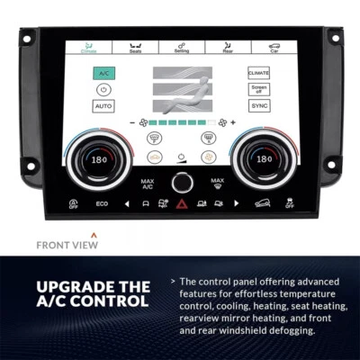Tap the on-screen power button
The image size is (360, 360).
[x=103, y=89]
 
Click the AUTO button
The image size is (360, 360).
[x=103, y=105]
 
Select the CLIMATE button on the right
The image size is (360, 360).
[x=259, y=73]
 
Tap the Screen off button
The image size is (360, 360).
[x=259, y=89]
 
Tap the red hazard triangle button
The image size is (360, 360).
[x=181, y=204]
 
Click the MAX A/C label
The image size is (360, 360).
[x=147, y=183]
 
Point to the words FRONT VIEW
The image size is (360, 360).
[x=64, y=243]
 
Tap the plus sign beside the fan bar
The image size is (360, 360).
[x=233, y=121]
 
